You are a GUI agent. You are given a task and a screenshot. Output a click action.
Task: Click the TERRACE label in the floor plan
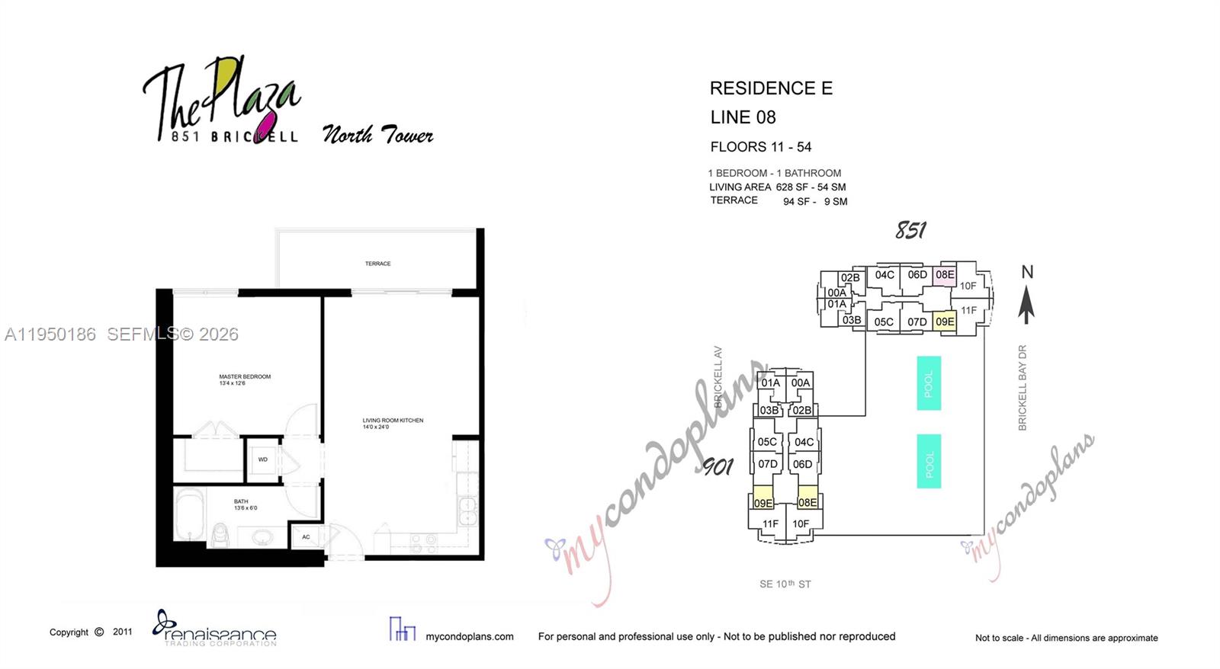pyautogui.click(x=377, y=264)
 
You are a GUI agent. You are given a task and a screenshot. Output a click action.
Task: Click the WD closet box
pyautogui.click(x=263, y=459)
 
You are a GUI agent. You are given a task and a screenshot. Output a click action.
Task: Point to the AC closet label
pyautogui.click(x=306, y=537)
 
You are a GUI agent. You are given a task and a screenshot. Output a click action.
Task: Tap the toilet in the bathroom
pyautogui.click(x=221, y=534)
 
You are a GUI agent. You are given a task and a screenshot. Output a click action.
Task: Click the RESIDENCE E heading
pyautogui.click(x=771, y=88)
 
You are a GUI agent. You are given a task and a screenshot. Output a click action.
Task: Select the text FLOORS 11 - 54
pyautogui.click(x=760, y=147)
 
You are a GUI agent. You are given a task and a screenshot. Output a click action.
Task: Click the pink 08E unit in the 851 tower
pyautogui.click(x=945, y=275)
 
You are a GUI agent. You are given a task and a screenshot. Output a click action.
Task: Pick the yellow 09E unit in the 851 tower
pyautogui.click(x=945, y=322)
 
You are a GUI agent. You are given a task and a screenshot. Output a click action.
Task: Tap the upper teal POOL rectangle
pyautogui.click(x=928, y=383)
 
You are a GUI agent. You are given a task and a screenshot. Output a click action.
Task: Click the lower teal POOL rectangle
pyautogui.click(x=928, y=461)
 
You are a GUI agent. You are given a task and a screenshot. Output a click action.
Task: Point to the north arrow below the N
pyautogui.click(x=1026, y=305)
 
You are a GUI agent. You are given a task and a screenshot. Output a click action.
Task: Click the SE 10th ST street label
pyautogui.click(x=785, y=584)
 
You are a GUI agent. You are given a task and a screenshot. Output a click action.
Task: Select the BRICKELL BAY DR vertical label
pyautogui.click(x=1023, y=388)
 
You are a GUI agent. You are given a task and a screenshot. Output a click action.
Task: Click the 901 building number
pyautogui.click(x=717, y=466)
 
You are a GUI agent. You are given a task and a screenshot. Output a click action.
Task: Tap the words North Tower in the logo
pyautogui.click(x=377, y=135)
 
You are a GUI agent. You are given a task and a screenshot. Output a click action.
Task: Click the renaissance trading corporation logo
pyautogui.click(x=215, y=629)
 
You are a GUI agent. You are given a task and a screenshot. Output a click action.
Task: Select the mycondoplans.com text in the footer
pyautogui.click(x=469, y=636)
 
